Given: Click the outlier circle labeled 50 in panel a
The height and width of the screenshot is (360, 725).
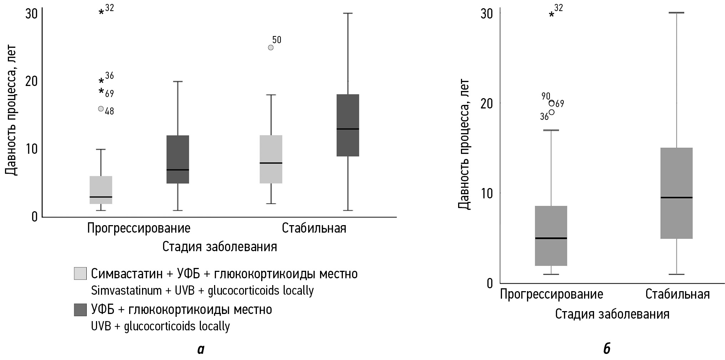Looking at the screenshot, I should pyautogui.click(x=270, y=47).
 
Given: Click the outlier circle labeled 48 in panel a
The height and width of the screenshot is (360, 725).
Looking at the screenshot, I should pyautogui.click(x=101, y=109).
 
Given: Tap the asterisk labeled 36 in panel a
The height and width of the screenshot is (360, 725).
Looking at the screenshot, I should pyautogui.click(x=101, y=81).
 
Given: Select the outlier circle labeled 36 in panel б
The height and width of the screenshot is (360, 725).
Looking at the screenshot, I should pyautogui.click(x=552, y=112).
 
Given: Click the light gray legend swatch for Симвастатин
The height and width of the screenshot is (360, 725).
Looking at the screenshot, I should pyautogui.click(x=80, y=273).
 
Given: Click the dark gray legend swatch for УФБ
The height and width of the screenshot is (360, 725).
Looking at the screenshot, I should pyautogui.click(x=80, y=309).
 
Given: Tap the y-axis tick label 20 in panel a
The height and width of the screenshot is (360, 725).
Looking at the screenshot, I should pyautogui.click(x=31, y=81).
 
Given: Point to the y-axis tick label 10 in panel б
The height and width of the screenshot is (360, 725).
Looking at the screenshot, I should pyautogui.click(x=487, y=193).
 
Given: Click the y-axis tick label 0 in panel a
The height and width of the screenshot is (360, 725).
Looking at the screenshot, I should pyautogui.click(x=35, y=217).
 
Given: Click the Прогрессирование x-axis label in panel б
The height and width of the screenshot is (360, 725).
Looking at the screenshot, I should pyautogui.click(x=551, y=294).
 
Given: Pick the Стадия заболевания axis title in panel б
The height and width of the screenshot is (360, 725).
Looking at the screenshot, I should pyautogui.click(x=612, y=314).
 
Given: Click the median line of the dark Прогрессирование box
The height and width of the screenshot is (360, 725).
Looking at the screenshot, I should pyautogui.click(x=178, y=170).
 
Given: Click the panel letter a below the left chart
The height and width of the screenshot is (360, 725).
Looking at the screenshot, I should pyautogui.click(x=201, y=349).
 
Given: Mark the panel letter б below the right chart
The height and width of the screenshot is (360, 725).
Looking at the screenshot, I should pyautogui.click(x=607, y=349).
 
